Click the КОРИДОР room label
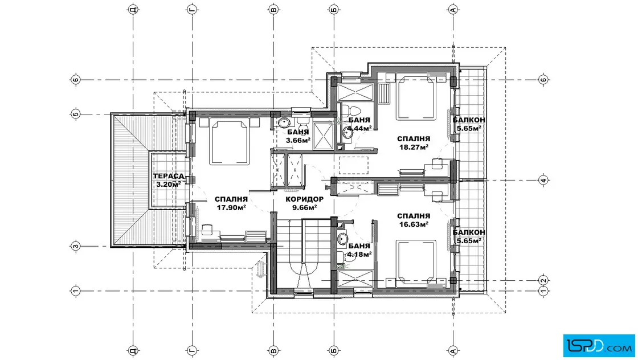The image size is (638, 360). (x=304, y=199)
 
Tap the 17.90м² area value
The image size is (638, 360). (x=231, y=207)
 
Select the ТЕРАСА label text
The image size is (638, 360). (x=169, y=176)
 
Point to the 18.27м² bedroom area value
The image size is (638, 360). (x=414, y=148)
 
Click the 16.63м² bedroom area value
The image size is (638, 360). (x=414, y=224)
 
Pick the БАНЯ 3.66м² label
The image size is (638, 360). (x=298, y=136)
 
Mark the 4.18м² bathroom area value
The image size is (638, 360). (x=359, y=255)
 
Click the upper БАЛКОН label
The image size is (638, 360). (x=469, y=120)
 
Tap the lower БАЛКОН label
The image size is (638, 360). (x=469, y=232)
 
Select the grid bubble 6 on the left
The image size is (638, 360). (x=76, y=80)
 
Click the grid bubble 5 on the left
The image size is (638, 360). (x=76, y=114)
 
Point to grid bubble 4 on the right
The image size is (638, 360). (x=543, y=180)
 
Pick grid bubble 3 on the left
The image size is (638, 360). (x=76, y=246)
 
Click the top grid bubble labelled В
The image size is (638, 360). (x=274, y=9)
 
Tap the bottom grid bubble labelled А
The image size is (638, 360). (x=453, y=350)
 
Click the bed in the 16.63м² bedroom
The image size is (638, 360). (x=416, y=264)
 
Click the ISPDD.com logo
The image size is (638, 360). (x=599, y=346)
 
